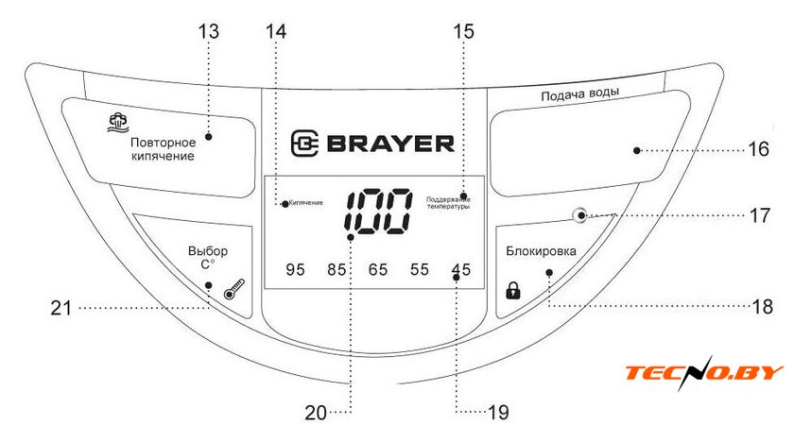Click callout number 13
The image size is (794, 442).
[208, 30]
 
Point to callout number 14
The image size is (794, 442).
[275, 30]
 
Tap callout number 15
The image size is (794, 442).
[463, 30]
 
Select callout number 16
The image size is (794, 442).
[759, 149]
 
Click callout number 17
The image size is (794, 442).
[759, 214]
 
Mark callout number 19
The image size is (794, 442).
[498, 412]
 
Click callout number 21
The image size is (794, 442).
[62, 306]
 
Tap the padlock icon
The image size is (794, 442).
[513, 290]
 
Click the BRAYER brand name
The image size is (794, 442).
[372, 144]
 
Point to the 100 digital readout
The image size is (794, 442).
[377, 211]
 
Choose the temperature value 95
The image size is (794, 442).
[296, 270]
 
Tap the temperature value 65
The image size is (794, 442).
[378, 270]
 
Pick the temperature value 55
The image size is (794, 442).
[420, 270]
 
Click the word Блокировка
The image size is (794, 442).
[541, 250]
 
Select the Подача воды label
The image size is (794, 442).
[579, 95]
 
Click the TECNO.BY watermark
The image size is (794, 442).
[704, 372]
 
